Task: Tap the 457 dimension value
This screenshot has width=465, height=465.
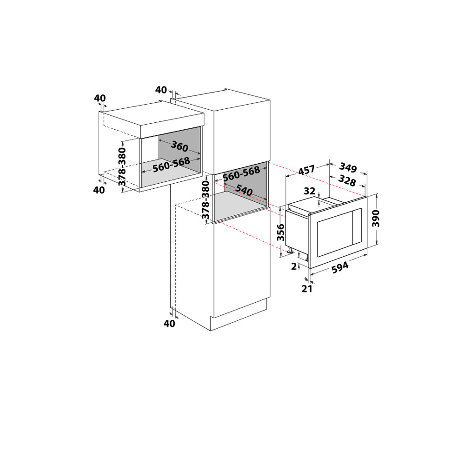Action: pyautogui.click(x=306, y=171)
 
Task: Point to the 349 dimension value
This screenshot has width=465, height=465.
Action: pyautogui.click(x=348, y=167)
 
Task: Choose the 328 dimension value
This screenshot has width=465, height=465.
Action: pyautogui.click(x=347, y=181)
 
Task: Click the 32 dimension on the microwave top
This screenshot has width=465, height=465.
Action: pyautogui.click(x=310, y=191)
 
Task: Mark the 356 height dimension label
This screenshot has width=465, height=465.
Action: pyautogui.click(x=280, y=231)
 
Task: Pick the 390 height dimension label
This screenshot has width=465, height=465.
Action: pyautogui.click(x=376, y=219)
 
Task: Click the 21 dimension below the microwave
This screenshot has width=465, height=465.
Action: pyautogui.click(x=306, y=289)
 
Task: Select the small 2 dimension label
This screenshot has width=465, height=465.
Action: pyautogui.click(x=293, y=266)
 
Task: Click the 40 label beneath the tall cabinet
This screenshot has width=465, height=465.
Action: pyautogui.click(x=170, y=324)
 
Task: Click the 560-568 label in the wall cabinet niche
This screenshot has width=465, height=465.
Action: pyautogui.click(x=171, y=164)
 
